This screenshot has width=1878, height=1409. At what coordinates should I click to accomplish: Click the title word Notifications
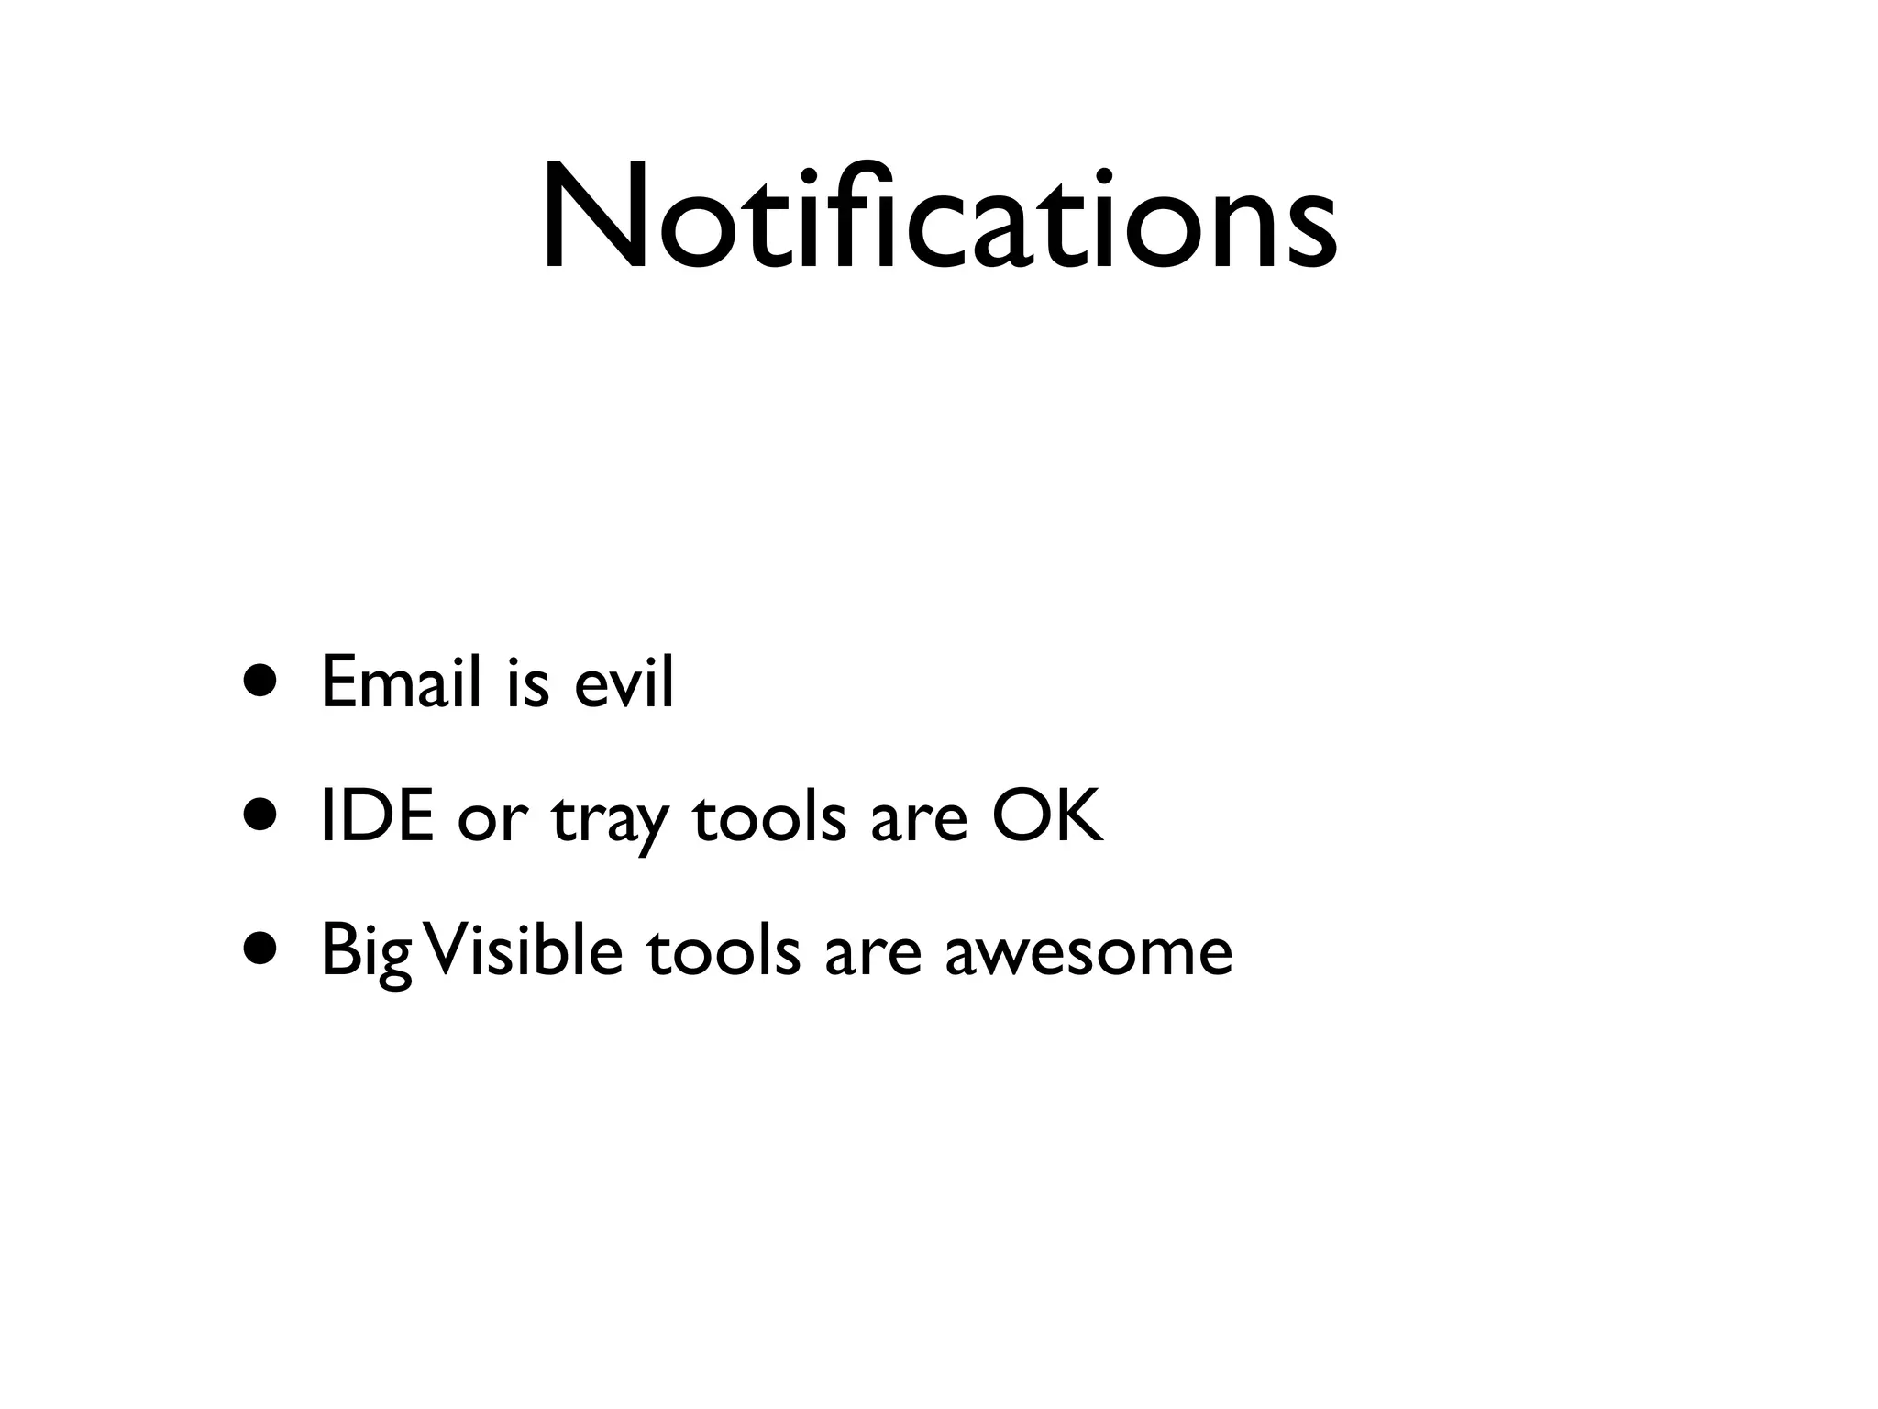click(938, 218)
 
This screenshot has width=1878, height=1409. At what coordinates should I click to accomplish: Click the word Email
click(401, 682)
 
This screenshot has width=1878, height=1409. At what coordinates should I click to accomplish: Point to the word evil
click(624, 682)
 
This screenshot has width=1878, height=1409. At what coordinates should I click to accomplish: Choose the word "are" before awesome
click(872, 955)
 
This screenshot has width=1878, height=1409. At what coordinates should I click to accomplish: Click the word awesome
click(1088, 955)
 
